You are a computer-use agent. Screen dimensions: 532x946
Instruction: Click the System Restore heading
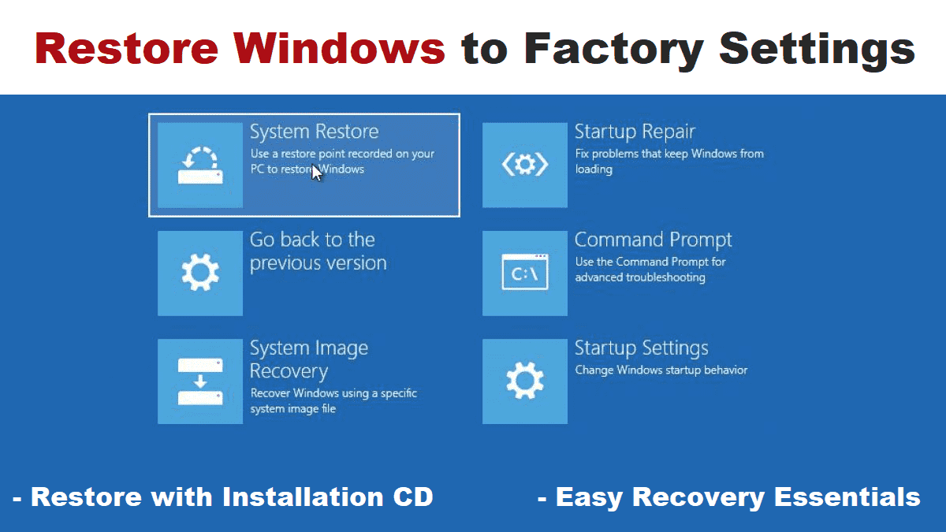pyautogui.click(x=314, y=132)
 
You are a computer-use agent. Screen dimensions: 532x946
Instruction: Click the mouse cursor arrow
pyautogui.click(x=316, y=172)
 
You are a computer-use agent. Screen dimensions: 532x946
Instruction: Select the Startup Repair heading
pyautogui.click(x=635, y=132)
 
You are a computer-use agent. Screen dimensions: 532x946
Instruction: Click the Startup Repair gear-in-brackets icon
pyautogui.click(x=524, y=165)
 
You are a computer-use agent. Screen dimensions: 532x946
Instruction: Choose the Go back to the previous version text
pyautogui.click(x=318, y=251)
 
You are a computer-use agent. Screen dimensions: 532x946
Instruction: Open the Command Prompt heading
pyautogui.click(x=653, y=240)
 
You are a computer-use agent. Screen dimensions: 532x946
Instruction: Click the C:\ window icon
pyautogui.click(x=524, y=273)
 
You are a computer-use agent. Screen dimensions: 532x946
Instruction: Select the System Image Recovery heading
pyautogui.click(x=308, y=359)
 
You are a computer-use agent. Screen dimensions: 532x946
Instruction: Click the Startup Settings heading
pyautogui.click(x=641, y=348)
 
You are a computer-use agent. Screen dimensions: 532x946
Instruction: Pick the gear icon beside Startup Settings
pyautogui.click(x=524, y=381)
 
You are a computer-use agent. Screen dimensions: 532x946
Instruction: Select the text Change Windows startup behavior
pyautogui.click(x=661, y=370)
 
